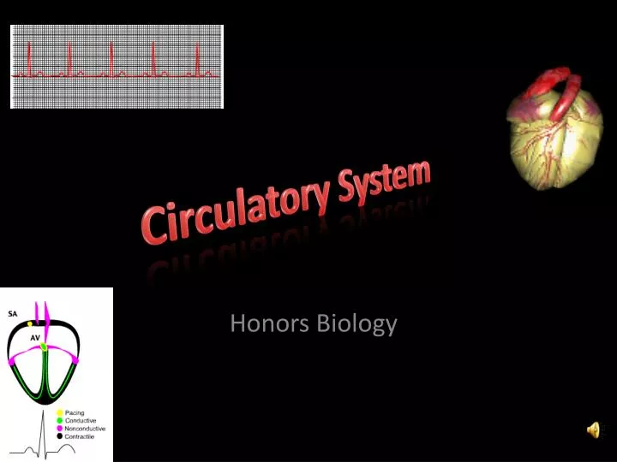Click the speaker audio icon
593,431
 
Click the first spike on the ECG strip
30,60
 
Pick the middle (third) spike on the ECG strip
112,60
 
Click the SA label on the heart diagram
13,312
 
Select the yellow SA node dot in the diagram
30,325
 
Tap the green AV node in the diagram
44,346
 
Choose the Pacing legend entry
75,412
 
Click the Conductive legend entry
81,420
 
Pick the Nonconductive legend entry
85,428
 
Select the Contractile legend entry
81,435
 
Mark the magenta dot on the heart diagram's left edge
12,362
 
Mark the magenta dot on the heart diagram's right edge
76,362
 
